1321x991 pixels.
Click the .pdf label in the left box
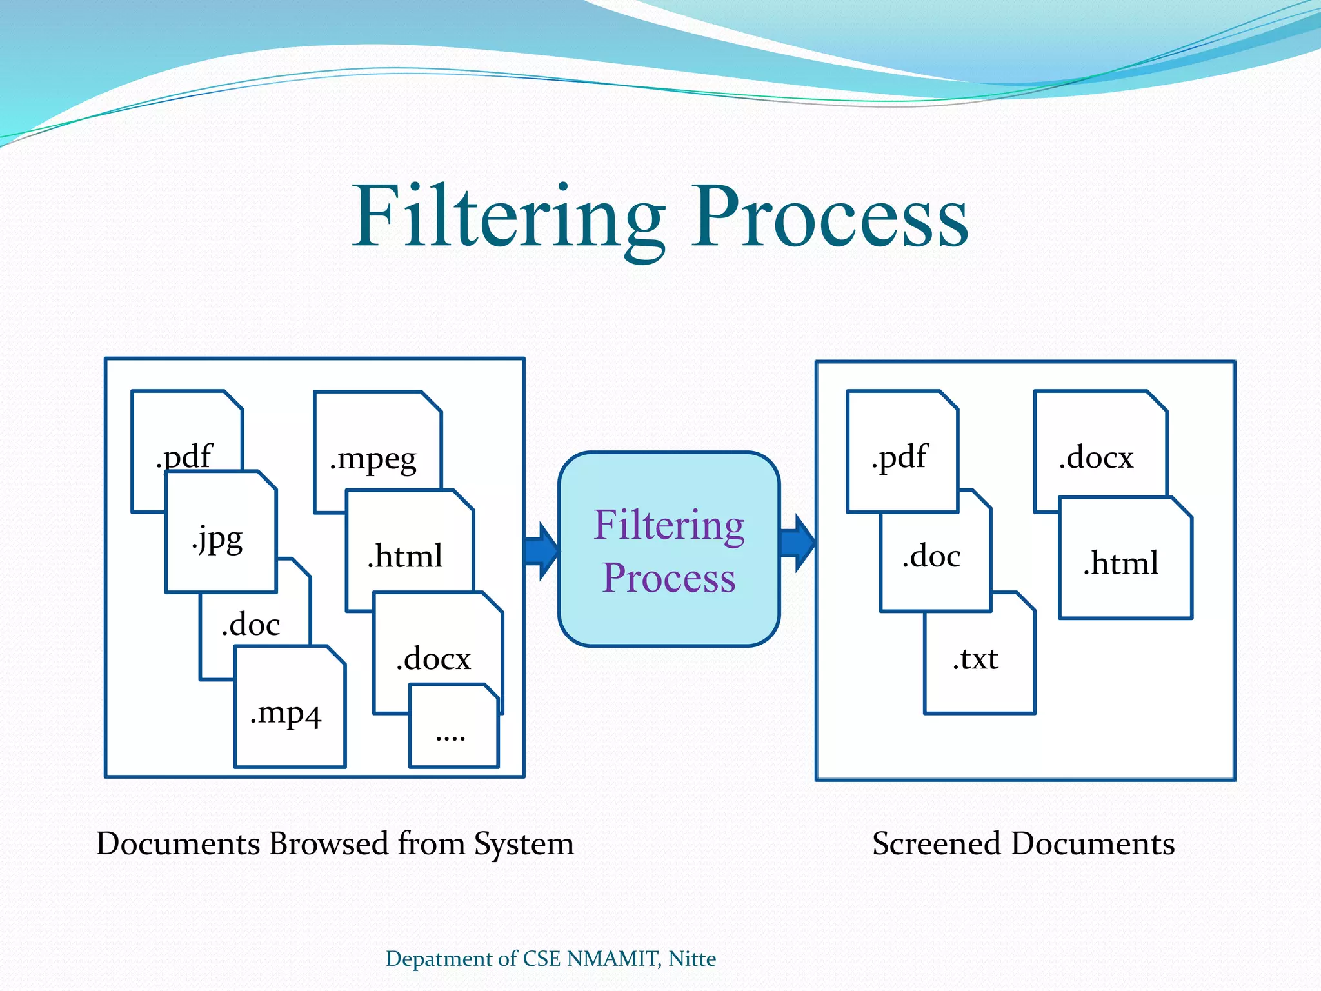pos(184,457)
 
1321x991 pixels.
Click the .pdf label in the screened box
pos(900,457)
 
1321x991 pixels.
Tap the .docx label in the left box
pos(434,658)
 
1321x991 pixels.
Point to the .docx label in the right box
pos(1097,457)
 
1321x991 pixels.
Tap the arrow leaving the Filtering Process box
pos(797,543)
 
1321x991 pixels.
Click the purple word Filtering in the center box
pos(669,526)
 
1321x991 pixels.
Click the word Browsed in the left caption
pos(329,843)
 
